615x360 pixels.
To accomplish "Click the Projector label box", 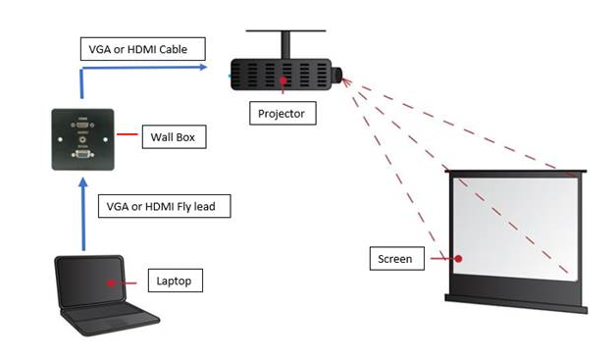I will [x=281, y=114].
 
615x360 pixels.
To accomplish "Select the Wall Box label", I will [x=173, y=137].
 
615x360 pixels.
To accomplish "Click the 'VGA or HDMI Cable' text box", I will [x=141, y=48].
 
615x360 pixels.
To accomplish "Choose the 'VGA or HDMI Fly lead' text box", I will [x=164, y=207].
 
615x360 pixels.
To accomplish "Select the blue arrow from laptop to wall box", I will [x=83, y=211].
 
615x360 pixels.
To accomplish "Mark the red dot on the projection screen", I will [x=457, y=260].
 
